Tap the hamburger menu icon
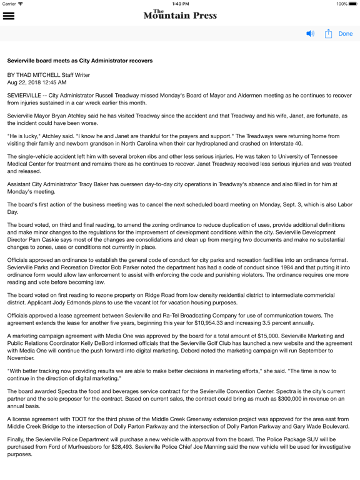tap(9, 16)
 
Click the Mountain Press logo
tap(180, 14)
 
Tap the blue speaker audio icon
tap(311, 34)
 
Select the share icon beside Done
tap(328, 34)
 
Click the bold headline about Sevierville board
tap(80, 61)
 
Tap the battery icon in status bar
tap(353, 4)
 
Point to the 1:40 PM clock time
tap(180, 4)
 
